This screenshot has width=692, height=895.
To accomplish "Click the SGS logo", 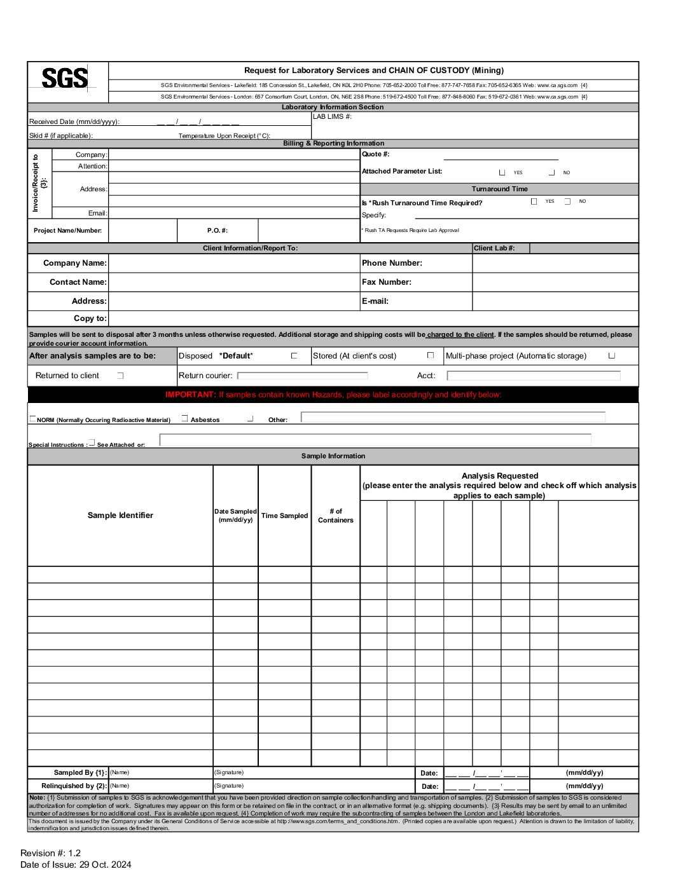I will coord(65,79).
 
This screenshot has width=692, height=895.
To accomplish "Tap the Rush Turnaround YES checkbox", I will coord(534,202).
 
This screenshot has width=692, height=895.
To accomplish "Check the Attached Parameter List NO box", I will coord(551,172).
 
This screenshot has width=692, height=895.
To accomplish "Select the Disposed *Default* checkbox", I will coord(294,356).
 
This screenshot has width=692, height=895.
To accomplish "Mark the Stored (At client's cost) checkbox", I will coord(431,355).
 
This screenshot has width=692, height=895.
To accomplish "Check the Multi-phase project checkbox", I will coord(611,355).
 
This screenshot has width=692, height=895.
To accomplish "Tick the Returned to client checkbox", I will coord(120,376).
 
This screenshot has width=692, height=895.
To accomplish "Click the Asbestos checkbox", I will coord(185,418).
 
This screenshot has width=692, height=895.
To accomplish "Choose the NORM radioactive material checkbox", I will coord(32,419).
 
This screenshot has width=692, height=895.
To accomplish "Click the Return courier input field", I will coord(302,376).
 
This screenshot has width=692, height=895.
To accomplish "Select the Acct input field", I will coord(533,376).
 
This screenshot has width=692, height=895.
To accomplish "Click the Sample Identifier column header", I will coord(120,516).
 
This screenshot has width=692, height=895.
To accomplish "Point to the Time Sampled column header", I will coord(284,516).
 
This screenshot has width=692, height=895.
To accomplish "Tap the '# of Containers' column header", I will coord(335,516).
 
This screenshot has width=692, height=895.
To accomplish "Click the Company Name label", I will coord(75,263).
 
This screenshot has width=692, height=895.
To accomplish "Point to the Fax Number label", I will coord(387,282).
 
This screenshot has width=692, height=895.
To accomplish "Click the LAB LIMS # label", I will coord(332,117).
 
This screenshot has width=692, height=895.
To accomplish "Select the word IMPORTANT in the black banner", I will coord(190,395).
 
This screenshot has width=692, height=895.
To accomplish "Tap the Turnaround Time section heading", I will coord(499,189).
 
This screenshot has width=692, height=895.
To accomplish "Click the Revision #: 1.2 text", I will coord(50,853).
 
